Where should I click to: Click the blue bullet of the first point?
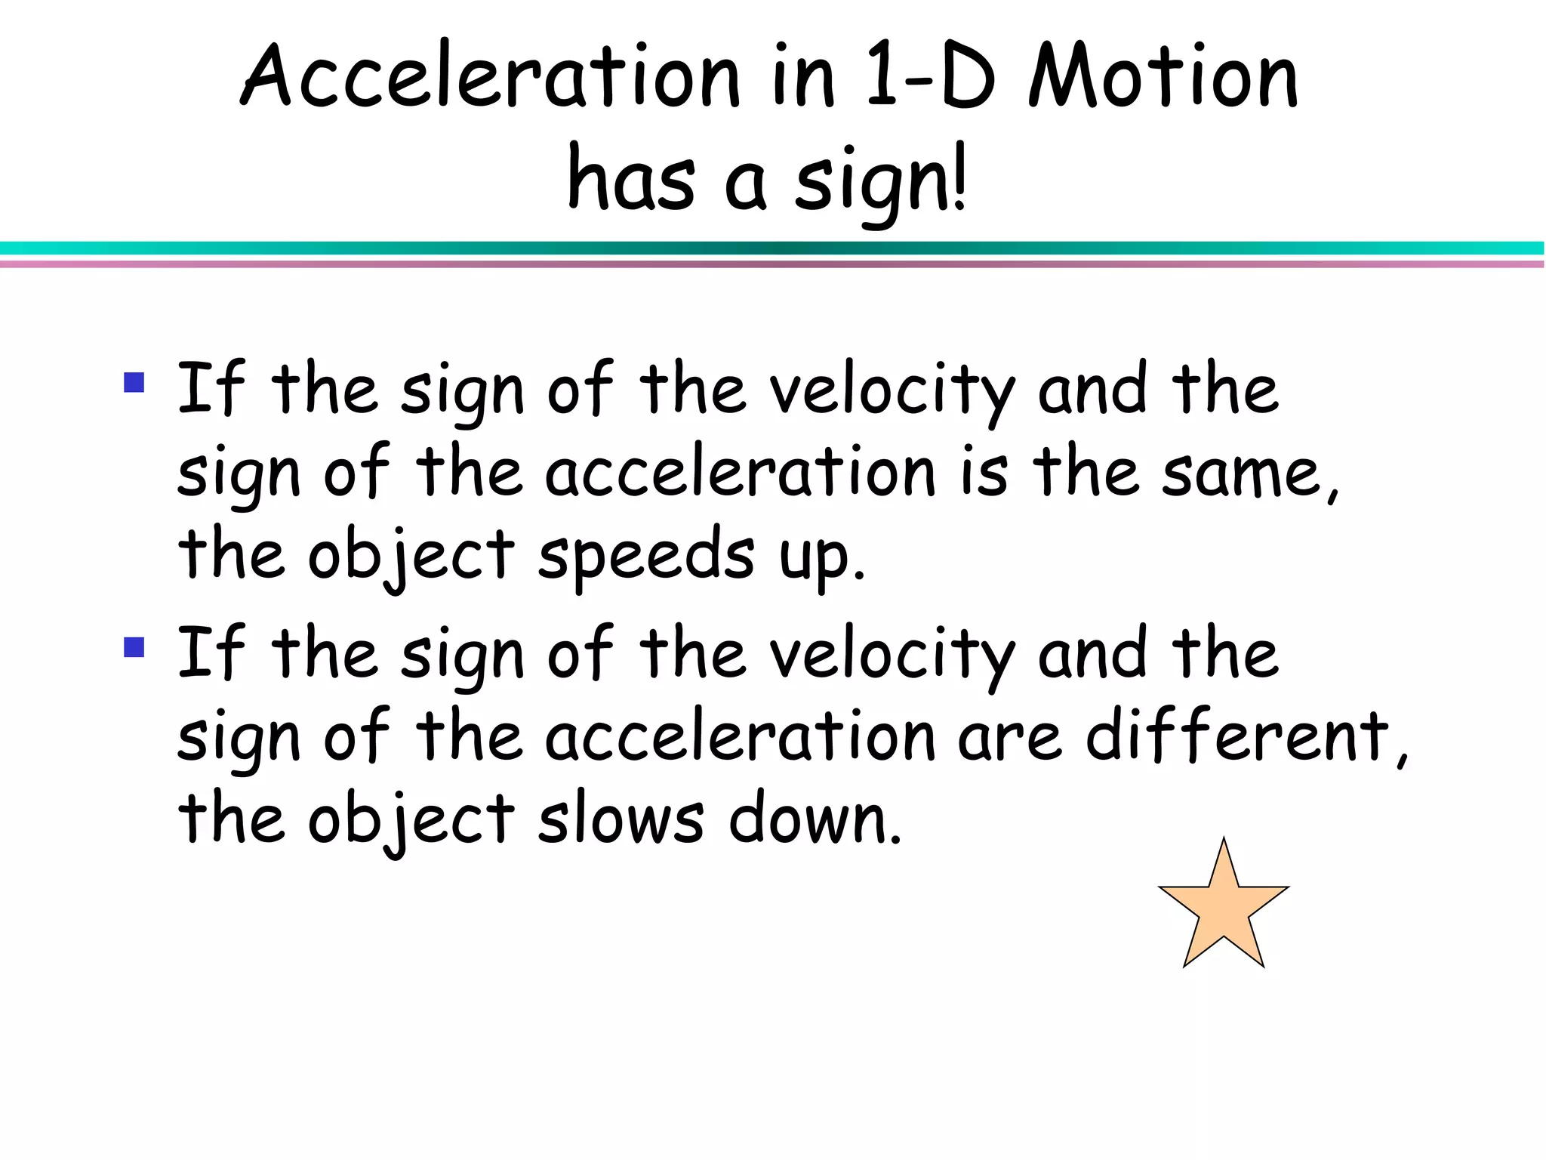(x=134, y=382)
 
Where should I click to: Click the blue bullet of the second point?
(x=134, y=647)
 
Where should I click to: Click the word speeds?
(x=645, y=555)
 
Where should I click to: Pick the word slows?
(x=621, y=819)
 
